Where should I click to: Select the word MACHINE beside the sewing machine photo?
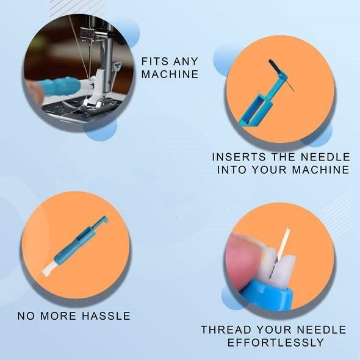click(170, 74)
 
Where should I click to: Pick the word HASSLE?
click(106, 316)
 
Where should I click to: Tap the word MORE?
click(59, 316)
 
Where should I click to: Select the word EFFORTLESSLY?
click(275, 342)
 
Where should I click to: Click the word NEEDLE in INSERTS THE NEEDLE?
click(325, 157)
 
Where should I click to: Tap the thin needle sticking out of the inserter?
click(290, 85)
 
